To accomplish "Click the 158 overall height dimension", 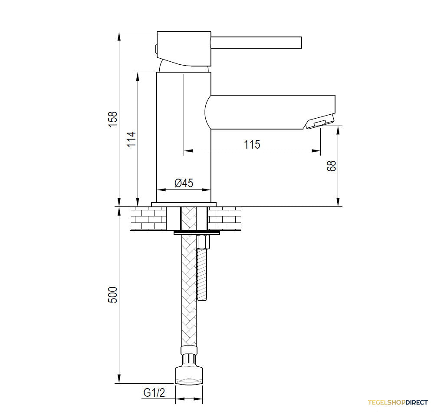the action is click(x=113, y=119).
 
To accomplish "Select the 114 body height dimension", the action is click(x=132, y=139).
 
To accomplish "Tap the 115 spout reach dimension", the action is click(x=252, y=144).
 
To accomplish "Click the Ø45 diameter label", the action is click(x=184, y=183).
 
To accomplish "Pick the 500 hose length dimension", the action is click(x=113, y=295).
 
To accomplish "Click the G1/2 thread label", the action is click(x=154, y=392).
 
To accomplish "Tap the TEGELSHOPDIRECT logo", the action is click(x=398, y=402).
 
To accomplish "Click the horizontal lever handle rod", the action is click(x=256, y=43).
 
